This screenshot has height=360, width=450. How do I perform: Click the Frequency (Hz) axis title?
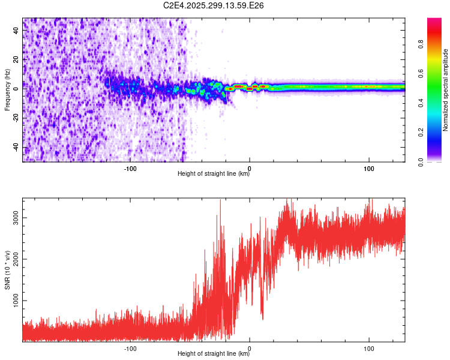point(7,90)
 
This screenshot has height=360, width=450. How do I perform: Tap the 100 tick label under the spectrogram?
point(369,167)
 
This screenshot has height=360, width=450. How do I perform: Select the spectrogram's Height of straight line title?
point(214,174)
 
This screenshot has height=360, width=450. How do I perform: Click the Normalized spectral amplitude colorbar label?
point(446,90)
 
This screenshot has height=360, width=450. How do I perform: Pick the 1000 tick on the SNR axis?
point(15,301)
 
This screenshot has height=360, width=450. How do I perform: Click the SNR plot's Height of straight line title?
point(214,354)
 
